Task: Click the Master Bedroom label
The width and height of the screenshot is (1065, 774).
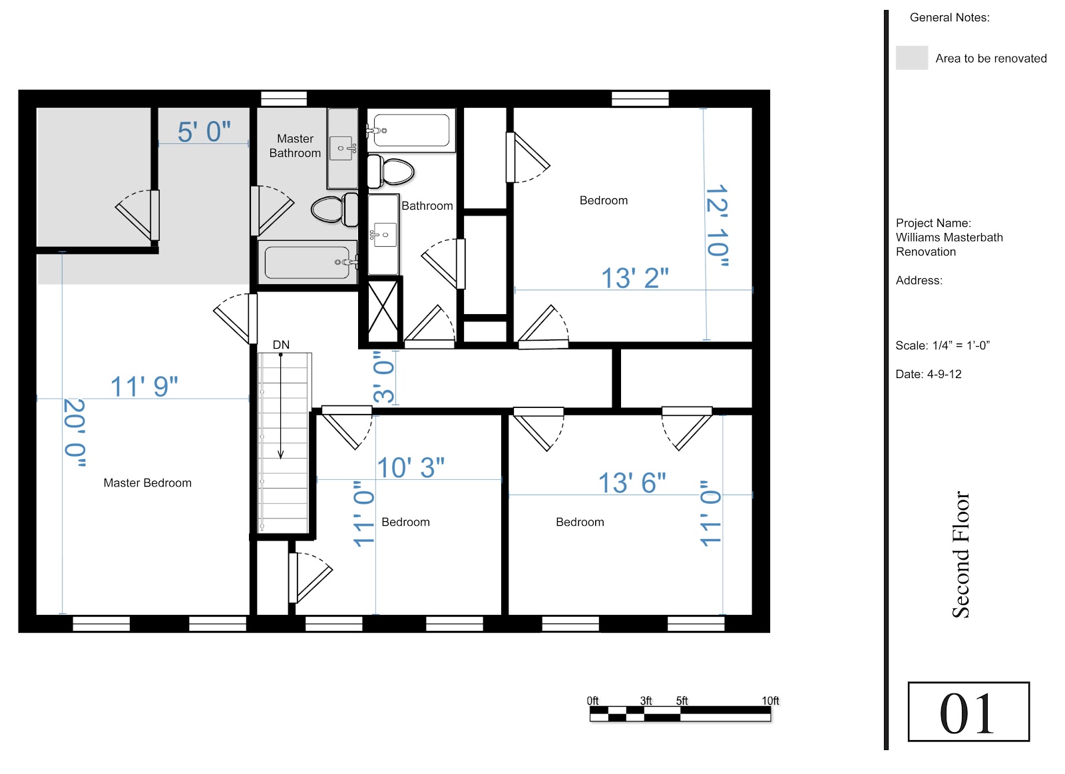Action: coord(147,483)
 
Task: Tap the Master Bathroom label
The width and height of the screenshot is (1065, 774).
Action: coord(295,146)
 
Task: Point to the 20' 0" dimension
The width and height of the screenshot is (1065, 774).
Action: coord(75,433)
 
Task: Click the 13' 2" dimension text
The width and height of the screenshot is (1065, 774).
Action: coord(635,278)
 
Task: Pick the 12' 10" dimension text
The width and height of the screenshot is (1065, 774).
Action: coord(717,225)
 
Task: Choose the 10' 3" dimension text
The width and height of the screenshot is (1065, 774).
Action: coord(410,468)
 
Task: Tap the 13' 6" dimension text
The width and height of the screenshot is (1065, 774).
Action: coord(632,483)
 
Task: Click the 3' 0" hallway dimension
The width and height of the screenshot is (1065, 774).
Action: coord(383,377)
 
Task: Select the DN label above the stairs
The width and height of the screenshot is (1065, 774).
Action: coord(281,345)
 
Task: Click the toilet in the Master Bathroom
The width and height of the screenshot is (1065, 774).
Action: coord(335,209)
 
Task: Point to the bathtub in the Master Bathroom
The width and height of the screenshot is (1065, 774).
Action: coord(308,262)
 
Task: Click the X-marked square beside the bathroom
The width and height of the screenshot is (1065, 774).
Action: coord(383,311)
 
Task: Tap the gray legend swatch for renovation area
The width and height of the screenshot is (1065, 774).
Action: coord(912,57)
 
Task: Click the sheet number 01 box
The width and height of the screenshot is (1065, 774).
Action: coord(968,711)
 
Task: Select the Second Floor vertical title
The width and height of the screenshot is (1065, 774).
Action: coord(960,554)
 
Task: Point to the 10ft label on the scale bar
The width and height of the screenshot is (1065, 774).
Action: coord(770,701)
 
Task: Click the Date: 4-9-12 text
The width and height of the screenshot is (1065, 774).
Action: coord(928,374)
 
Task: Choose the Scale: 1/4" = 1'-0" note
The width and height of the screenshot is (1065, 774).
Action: coord(943,345)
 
